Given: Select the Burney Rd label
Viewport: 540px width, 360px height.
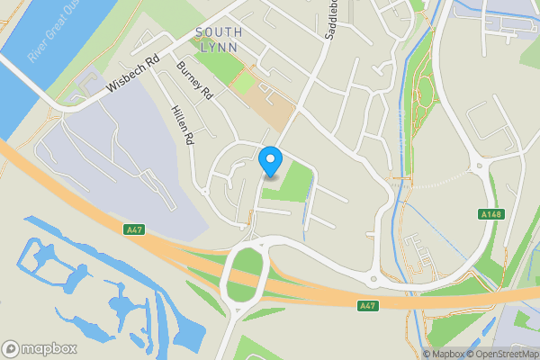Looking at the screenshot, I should (195, 81).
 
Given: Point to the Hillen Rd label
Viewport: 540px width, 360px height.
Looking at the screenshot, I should (182, 123).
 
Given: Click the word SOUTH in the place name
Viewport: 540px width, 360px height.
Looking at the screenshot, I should (219, 32).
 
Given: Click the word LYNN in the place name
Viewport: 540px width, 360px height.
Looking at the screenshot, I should (219, 47).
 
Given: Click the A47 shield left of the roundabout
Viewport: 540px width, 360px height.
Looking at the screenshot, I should (134, 230).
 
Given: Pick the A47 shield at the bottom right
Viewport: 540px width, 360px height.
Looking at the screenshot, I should (366, 306).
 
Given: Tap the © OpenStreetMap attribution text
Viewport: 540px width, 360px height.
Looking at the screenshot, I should (500, 354).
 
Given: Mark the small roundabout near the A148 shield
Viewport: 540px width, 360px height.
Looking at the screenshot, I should (477, 165).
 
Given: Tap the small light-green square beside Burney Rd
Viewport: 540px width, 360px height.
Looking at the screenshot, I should (243, 84).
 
